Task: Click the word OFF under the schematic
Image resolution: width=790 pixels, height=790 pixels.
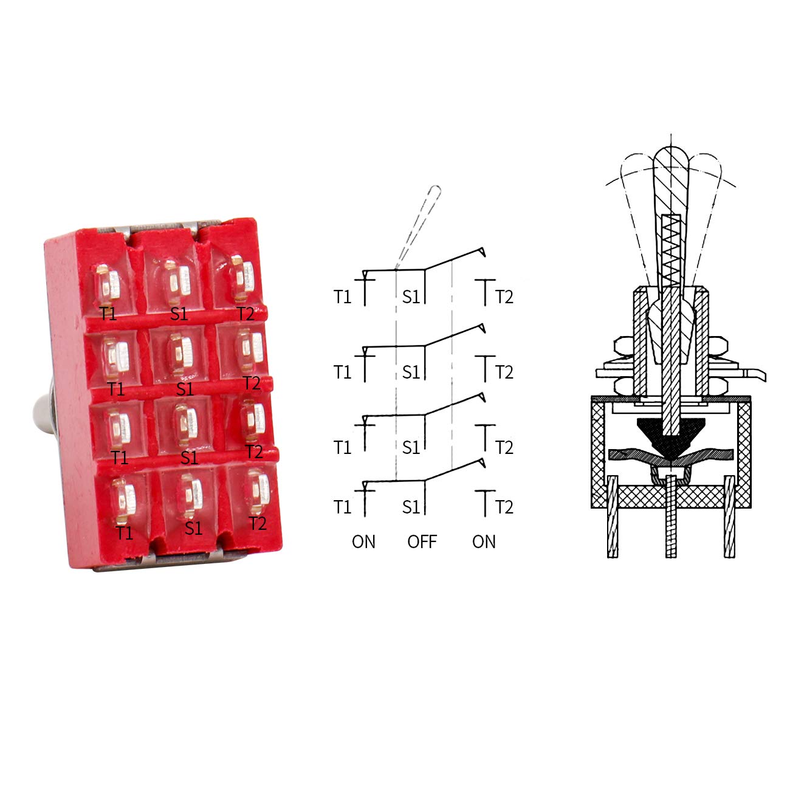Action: pyautogui.click(x=422, y=541)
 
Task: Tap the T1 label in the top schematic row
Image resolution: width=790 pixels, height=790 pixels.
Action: pyautogui.click(x=342, y=297)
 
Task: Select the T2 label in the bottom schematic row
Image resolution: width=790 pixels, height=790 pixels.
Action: pyautogui.click(x=504, y=507)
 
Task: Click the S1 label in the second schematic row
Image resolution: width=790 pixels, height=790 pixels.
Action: pyautogui.click(x=411, y=373)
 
